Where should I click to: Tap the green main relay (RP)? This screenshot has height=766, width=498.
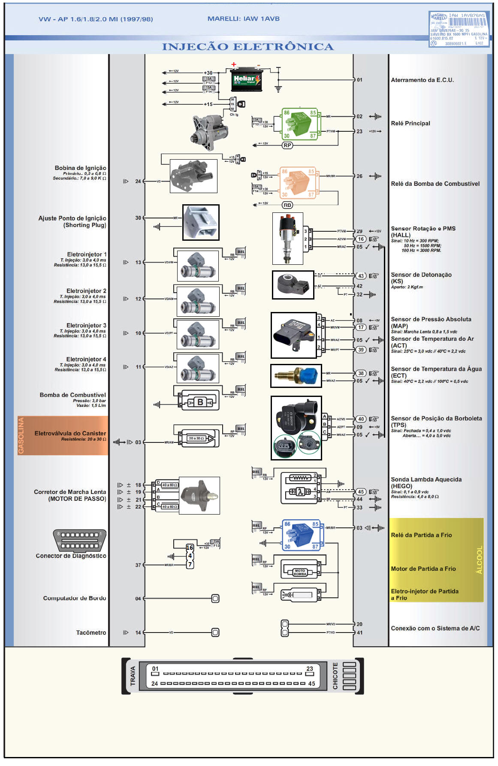(300, 124)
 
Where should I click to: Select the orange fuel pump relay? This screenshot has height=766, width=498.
(299, 182)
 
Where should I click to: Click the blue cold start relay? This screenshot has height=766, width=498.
(301, 535)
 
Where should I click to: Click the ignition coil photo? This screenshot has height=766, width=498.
(193, 176)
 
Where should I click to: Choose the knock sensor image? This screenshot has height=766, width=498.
(293, 285)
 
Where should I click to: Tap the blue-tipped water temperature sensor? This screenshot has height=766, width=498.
(296, 376)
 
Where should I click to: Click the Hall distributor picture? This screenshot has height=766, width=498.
(287, 238)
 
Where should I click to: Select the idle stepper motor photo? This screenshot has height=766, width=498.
(199, 496)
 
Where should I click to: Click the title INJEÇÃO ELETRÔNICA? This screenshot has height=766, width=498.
(247, 47)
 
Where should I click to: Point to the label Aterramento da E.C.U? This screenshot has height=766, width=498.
(422, 80)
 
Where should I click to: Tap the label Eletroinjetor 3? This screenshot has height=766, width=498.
(86, 325)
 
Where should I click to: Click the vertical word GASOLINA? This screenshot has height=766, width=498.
(21, 435)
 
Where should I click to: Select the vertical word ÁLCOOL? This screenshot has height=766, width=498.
(479, 560)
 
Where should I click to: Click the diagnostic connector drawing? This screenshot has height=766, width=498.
(79, 540)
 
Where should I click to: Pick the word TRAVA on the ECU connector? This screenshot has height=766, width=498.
(133, 675)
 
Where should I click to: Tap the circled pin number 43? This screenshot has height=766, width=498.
(361, 276)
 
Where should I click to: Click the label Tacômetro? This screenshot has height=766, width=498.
(91, 633)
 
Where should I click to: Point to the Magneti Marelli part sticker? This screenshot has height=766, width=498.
(459, 29)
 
